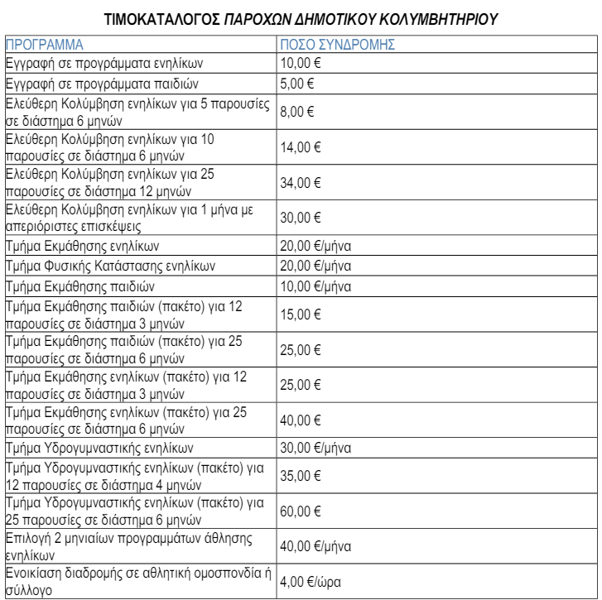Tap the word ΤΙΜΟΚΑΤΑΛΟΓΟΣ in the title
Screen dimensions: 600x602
pos(162,18)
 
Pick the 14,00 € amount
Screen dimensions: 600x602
pos(300,147)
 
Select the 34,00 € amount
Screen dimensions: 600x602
pos(300,182)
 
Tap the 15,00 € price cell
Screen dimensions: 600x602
pos(300,314)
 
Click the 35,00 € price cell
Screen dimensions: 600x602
pos(300,476)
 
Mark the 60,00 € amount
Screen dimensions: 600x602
pos(300,511)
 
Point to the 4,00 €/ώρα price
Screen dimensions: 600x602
pos(310,581)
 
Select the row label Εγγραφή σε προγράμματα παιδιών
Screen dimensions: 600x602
pos(101,84)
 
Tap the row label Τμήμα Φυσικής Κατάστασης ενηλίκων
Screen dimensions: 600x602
pos(110,266)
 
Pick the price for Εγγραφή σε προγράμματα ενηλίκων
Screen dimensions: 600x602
pos(300,64)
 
